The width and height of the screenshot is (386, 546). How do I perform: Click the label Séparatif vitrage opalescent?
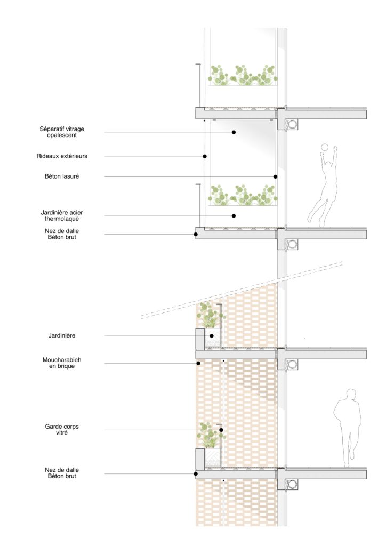[x=62, y=132]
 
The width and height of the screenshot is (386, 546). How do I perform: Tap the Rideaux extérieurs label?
[x=62, y=156]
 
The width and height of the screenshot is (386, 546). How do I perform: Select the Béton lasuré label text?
[x=62, y=176]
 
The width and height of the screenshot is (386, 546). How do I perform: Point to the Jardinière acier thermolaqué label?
[x=62, y=215]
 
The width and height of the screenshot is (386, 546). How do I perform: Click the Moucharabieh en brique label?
[x=62, y=363]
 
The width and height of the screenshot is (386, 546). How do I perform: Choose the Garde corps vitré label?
[x=62, y=429]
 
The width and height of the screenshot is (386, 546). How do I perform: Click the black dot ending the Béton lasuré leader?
[x=275, y=177]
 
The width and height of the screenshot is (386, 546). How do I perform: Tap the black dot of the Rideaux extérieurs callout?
[x=205, y=156]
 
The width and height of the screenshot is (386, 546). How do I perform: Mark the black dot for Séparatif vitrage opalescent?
[x=234, y=132]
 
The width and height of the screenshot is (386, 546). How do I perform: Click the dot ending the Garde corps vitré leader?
[x=221, y=430]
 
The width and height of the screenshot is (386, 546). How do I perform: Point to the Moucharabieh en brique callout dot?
[x=198, y=363]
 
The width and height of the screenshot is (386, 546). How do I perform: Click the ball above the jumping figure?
[x=324, y=147]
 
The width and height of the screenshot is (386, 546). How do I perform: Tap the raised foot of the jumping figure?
[x=309, y=219]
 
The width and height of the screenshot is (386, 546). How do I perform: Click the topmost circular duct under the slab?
[x=292, y=124]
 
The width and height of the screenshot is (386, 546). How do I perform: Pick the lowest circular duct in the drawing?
[x=292, y=484]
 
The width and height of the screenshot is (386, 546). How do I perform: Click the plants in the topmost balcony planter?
[x=243, y=75]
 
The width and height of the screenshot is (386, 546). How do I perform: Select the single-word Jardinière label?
[x=62, y=335]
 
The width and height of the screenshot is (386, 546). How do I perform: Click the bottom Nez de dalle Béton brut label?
[x=62, y=473]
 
